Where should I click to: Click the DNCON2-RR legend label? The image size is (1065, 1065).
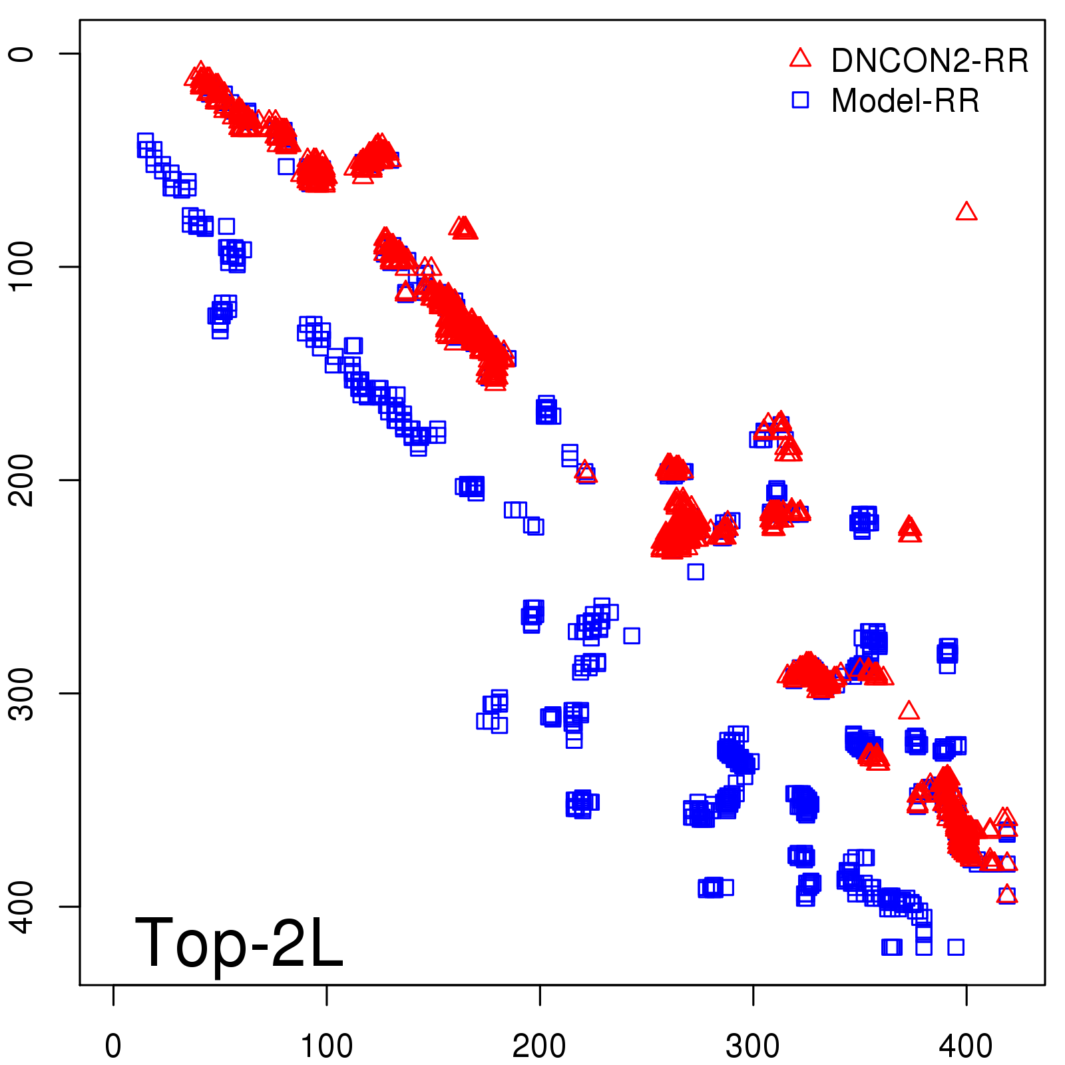point(929,61)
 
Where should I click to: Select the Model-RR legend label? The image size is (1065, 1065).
point(905,101)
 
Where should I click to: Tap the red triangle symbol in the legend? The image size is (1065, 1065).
point(800,59)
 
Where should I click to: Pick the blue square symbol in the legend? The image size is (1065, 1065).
point(800,101)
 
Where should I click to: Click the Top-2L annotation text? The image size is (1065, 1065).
point(238,943)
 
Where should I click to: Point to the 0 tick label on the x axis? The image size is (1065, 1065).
point(113,1046)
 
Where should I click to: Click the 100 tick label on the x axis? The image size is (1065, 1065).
point(326,1046)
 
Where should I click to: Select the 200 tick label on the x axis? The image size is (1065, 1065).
point(540,1046)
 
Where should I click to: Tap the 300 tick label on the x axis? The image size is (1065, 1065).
point(753,1046)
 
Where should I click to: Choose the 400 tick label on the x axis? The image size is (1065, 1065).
point(966,1046)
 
